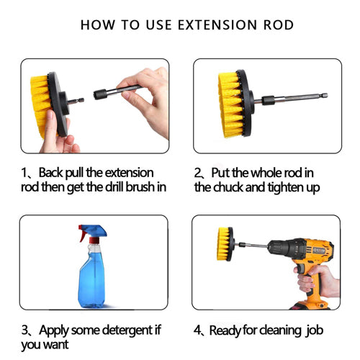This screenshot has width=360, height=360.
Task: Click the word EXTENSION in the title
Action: point(217,25)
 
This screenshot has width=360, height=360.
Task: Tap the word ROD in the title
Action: point(279,25)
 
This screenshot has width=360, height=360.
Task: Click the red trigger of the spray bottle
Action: point(82,233)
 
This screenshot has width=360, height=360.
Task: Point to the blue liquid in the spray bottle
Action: point(91,283)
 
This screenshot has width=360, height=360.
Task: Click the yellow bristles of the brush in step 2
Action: point(229,105)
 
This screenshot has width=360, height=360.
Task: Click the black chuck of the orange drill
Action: point(287,249)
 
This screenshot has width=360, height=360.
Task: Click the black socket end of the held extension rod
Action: point(100,94)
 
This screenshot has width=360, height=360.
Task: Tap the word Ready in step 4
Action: point(225,330)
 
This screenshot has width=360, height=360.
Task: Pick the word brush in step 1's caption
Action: point(140,187)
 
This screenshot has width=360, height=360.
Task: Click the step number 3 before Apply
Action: point(24,330)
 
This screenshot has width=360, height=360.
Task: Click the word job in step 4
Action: point(315,330)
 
